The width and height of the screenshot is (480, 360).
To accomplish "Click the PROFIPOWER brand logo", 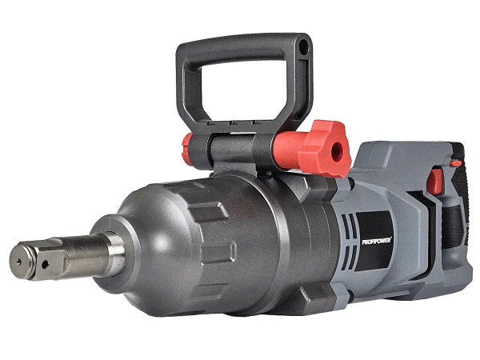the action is coord(377,241).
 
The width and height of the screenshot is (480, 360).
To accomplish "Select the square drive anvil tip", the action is coord(38,259).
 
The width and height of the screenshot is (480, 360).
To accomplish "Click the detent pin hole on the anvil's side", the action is coord(45,264).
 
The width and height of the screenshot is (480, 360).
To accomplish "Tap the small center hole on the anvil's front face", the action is coord(19,261).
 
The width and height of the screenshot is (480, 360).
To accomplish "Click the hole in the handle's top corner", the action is coord(303,47).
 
